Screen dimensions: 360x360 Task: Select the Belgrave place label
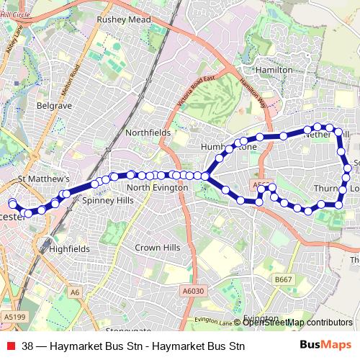point(55,105)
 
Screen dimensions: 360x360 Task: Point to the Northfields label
point(148,133)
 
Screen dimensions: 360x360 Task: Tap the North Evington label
point(157,187)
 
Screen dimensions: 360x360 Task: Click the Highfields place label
point(70,248)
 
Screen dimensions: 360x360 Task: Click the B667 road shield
point(284,279)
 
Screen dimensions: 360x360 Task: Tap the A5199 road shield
point(14,315)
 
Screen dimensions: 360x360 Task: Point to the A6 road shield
point(76,292)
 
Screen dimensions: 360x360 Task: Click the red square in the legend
point(11,346)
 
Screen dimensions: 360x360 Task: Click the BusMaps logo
point(326,346)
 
